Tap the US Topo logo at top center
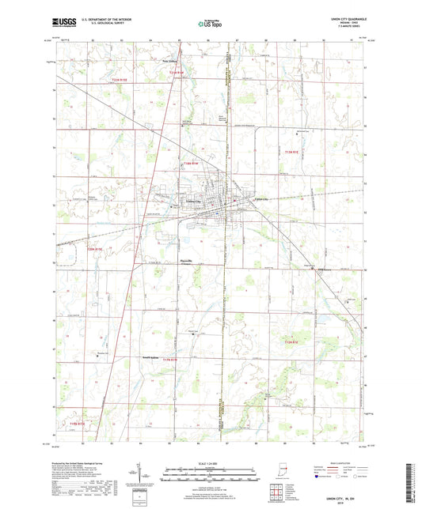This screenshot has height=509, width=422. coord(211,25)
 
